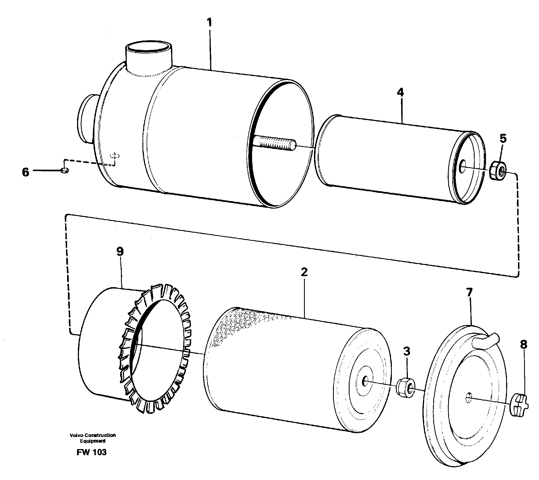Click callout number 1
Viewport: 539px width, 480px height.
coord(210,23)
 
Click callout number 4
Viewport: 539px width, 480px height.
coord(400,92)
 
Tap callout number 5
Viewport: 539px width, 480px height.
coord(503,138)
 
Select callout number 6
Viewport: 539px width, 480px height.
coord(25,172)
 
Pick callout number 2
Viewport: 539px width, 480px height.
coord(304,272)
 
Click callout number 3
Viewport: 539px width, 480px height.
coord(406,352)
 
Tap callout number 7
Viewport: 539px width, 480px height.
coord(469,293)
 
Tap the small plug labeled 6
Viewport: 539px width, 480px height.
coord(65,171)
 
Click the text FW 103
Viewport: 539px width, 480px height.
coord(92,452)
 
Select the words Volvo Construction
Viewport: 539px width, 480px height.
coord(93,435)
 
